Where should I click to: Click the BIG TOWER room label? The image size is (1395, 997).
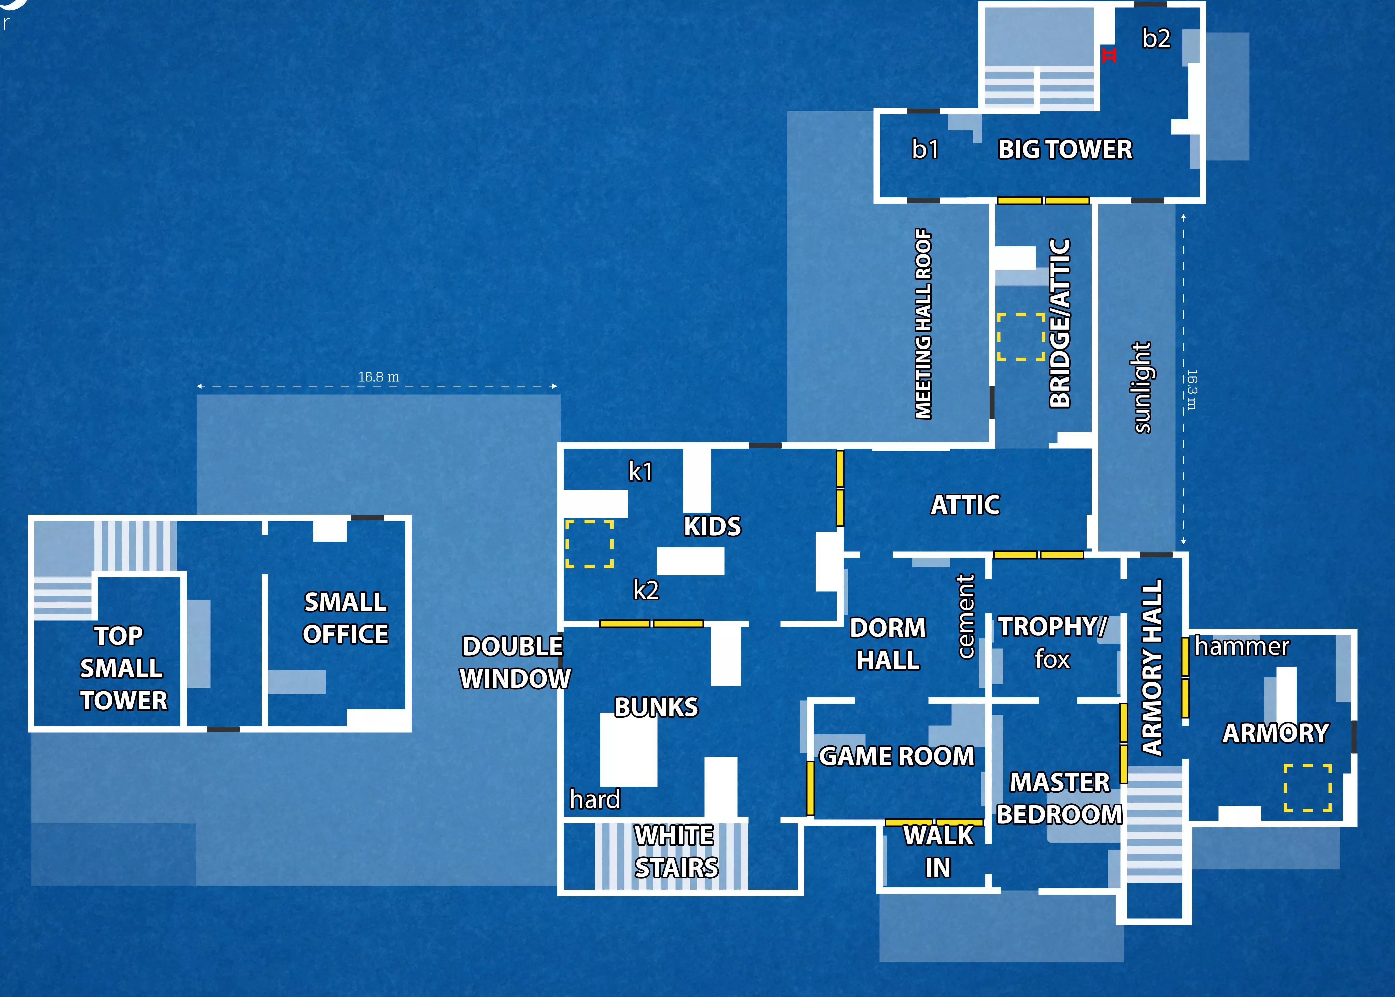[1064, 149]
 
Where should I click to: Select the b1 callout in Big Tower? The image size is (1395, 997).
[924, 149]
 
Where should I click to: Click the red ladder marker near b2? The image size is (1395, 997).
[1109, 55]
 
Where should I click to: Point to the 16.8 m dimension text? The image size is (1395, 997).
[378, 377]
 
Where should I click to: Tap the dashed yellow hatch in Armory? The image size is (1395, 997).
[1307, 788]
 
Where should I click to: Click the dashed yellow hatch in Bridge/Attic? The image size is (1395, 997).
[1021, 336]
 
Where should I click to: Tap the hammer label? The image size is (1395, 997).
[1242, 646]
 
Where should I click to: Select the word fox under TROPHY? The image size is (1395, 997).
[1052, 659]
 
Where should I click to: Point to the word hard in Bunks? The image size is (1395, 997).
[595, 799]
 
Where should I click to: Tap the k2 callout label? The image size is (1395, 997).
[646, 590]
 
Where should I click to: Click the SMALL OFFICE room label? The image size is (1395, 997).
[345, 617]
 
